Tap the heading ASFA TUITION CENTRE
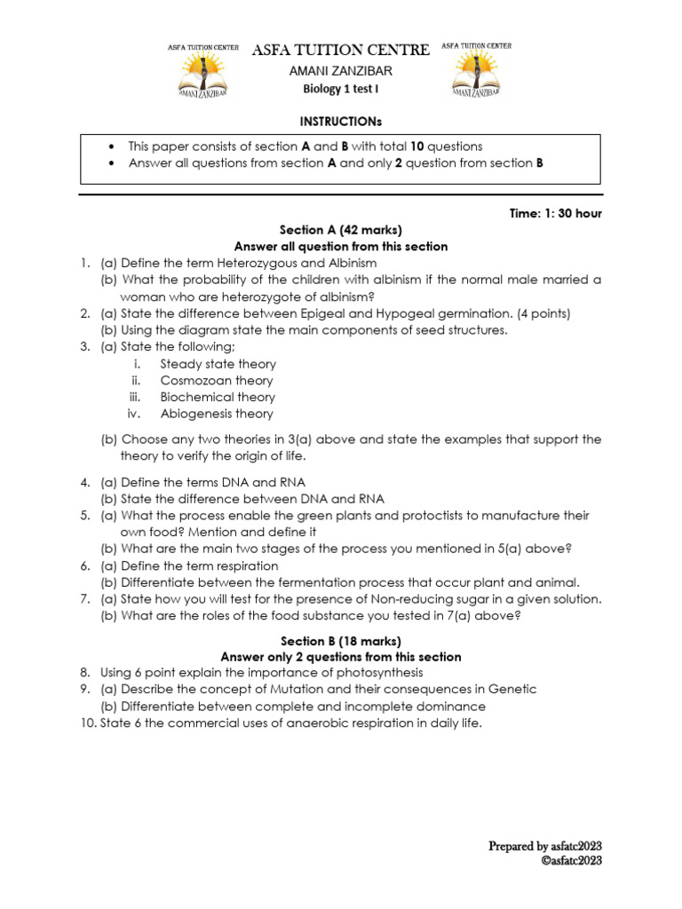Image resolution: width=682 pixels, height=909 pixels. coord(341,50)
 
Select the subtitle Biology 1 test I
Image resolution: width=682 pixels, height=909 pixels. coord(341,90)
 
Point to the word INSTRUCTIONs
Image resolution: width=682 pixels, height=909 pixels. coord(341,120)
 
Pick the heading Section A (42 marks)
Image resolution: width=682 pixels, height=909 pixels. coord(340,230)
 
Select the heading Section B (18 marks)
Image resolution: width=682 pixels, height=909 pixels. coord(341,641)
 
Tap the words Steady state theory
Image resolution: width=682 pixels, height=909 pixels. coord(218,364)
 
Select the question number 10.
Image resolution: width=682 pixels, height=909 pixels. coord(86,723)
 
